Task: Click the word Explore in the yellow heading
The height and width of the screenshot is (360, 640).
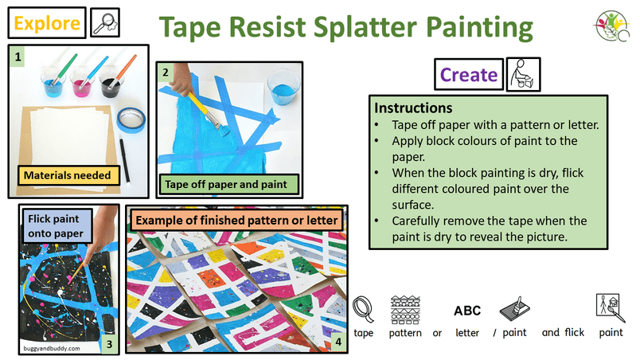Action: [47, 23]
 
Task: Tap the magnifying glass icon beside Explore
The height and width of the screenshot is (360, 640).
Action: [105, 23]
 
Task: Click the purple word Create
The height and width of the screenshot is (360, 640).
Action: [469, 75]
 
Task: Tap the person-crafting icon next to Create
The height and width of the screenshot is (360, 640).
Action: [523, 74]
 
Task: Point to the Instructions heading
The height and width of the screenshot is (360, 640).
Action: [413, 108]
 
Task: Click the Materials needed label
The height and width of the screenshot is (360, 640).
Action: [68, 175]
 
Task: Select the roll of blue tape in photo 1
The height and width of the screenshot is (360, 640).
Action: [131, 119]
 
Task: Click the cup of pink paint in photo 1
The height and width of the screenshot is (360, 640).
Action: [82, 84]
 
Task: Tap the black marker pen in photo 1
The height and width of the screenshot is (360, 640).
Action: [124, 160]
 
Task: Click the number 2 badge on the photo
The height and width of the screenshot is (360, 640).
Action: [166, 72]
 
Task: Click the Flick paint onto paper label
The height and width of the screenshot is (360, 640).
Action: [56, 226]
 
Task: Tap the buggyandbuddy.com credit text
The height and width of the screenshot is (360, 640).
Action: [52, 349]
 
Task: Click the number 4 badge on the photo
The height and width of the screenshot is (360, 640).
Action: [338, 341]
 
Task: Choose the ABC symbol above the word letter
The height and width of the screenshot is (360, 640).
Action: [467, 311]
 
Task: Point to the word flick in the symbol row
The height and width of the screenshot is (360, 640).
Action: [574, 333]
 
